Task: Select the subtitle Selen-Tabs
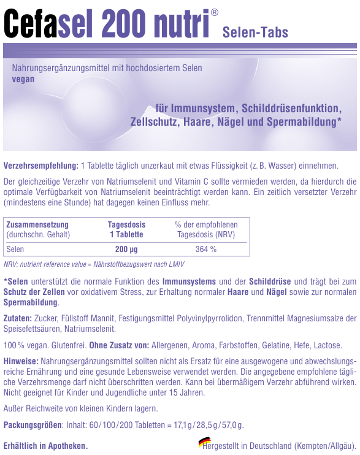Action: coord(255,32)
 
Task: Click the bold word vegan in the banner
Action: coord(23,78)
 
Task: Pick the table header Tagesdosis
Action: coord(126,225)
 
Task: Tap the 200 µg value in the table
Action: coord(126,249)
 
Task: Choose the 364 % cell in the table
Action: coord(205,249)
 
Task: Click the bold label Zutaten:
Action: coord(18,319)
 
